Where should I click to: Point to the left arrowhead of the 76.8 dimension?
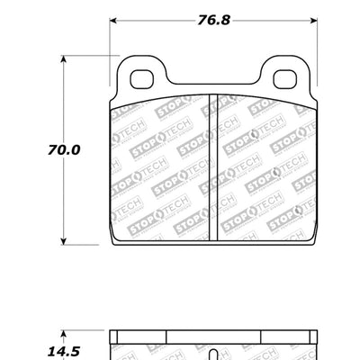point(115,18)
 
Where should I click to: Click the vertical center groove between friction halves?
point(213,166)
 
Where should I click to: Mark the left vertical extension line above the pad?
point(110,36)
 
